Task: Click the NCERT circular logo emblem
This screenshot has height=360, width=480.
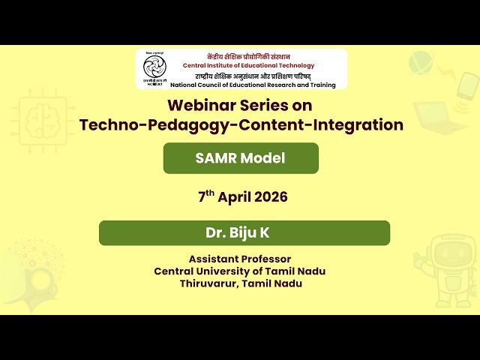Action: pyautogui.click(x=154, y=70)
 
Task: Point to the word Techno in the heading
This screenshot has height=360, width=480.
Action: pyautogui.click(x=106, y=124)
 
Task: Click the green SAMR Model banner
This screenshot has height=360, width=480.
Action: pyautogui.click(x=241, y=158)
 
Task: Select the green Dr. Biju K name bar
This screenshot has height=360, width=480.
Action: pyautogui.click(x=244, y=233)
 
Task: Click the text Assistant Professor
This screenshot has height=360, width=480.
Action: pyautogui.click(x=240, y=259)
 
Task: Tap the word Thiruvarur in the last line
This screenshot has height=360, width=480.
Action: pyautogui.click(x=207, y=283)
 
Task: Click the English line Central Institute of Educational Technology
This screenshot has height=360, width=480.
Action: pyautogui.click(x=249, y=66)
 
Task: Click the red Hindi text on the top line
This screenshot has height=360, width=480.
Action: pyautogui.click(x=248, y=57)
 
